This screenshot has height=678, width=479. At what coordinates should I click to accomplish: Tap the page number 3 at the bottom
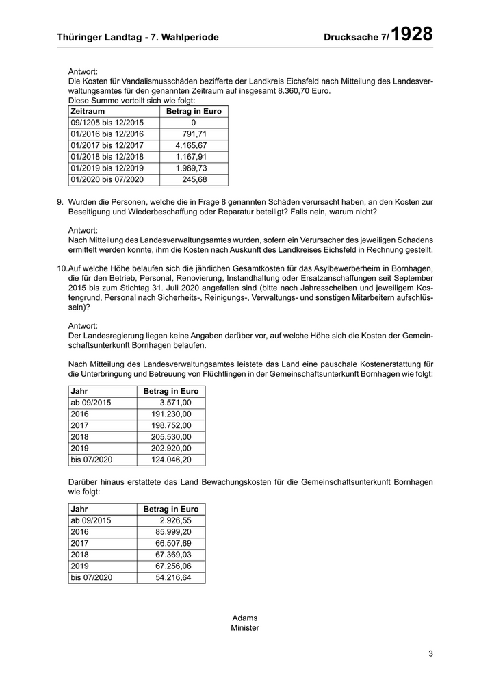pyautogui.click(x=431, y=653)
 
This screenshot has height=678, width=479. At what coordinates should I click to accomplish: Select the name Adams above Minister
pyautogui.click(x=245, y=617)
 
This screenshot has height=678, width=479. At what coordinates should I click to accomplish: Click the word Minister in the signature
pyautogui.click(x=245, y=627)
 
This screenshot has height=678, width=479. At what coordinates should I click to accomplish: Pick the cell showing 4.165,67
pyautogui.click(x=191, y=146)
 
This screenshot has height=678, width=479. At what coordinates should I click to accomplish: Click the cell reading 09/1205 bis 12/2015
pyautogui.click(x=107, y=123)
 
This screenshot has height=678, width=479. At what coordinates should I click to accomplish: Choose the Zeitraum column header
pyautogui.click(x=88, y=111)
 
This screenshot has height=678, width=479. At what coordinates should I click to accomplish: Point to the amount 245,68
pyautogui.click(x=194, y=180)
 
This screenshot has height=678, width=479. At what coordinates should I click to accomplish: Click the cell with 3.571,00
pyautogui.click(x=175, y=403)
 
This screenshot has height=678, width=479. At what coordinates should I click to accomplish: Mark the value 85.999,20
pyautogui.click(x=173, y=532)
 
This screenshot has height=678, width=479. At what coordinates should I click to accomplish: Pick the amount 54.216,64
pyautogui.click(x=173, y=578)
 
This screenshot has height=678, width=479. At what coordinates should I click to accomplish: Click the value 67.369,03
pyautogui.click(x=173, y=555)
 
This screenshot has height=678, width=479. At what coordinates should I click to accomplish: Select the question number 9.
pyautogui.click(x=60, y=202)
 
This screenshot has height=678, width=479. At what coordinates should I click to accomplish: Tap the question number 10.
pyautogui.click(x=62, y=270)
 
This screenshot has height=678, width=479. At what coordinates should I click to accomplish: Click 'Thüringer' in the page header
pyautogui.click(x=81, y=38)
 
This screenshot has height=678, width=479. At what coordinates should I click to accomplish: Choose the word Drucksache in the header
pyautogui.click(x=352, y=38)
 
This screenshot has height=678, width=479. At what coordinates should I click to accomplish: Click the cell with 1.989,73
pyautogui.click(x=191, y=168)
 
